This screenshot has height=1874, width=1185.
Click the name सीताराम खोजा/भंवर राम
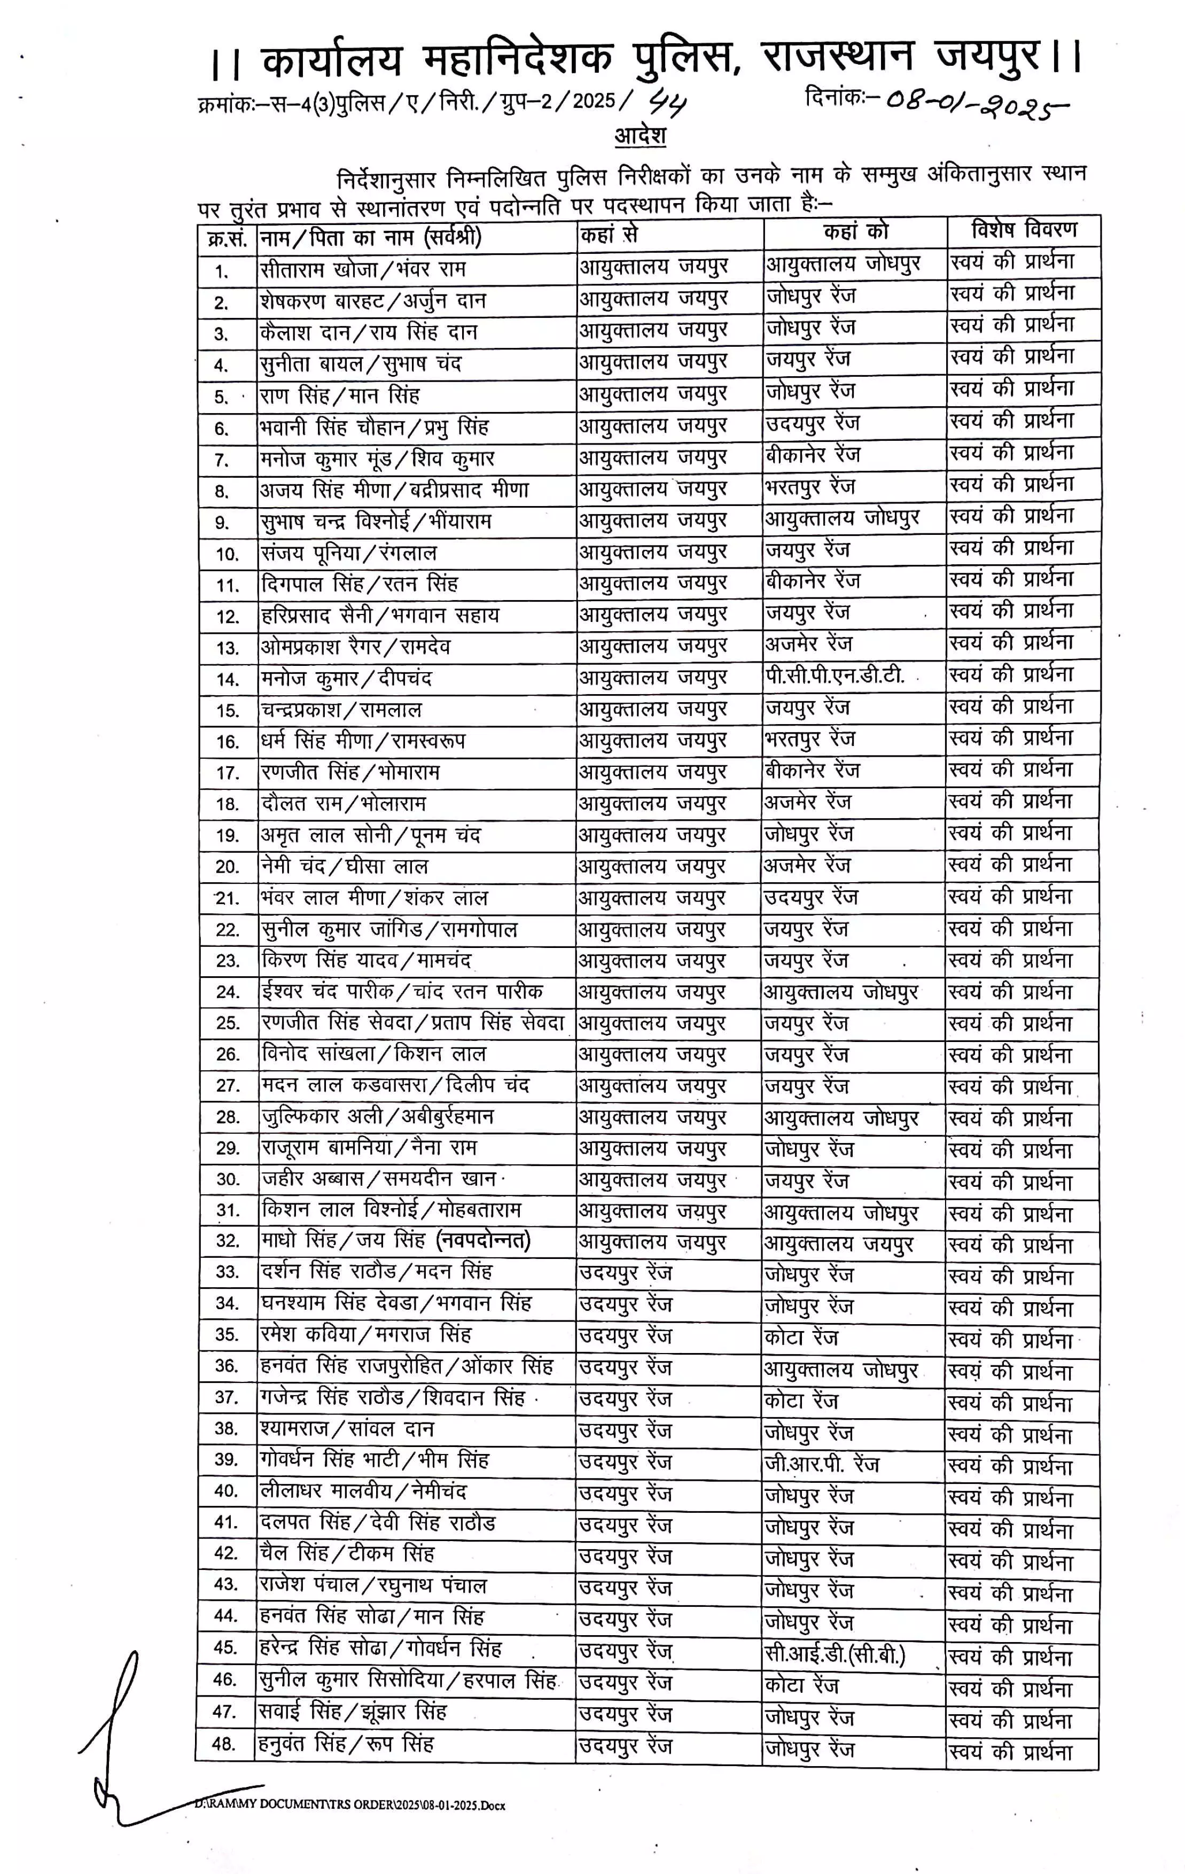tap(363, 270)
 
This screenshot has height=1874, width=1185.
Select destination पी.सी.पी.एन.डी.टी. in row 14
tap(834, 675)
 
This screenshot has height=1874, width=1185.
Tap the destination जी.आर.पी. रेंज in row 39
tap(821, 1465)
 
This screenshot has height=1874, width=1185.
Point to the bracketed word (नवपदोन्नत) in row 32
tap(483, 1240)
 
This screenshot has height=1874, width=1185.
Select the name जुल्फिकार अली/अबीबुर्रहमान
tap(377, 1117)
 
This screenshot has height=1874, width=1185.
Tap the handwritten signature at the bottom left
tap(116, 1736)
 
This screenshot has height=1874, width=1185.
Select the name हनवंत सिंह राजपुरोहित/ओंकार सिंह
tap(406, 1366)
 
